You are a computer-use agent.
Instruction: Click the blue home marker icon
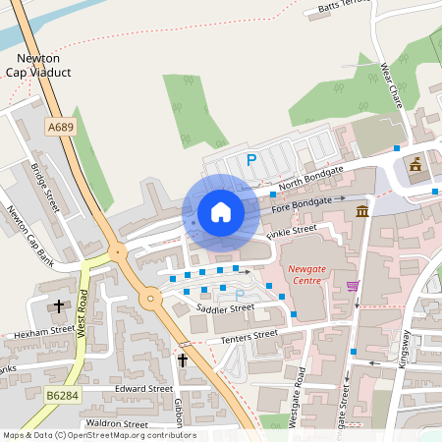pos(220,212)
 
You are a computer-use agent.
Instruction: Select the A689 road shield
pos(60,127)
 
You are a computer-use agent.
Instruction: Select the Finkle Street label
pos(292,232)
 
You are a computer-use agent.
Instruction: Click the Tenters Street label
pos(250,337)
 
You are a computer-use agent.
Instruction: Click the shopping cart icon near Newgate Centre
pos(353,286)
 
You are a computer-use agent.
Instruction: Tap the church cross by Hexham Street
pos(58,306)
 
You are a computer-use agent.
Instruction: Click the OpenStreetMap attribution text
pos(98,434)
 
